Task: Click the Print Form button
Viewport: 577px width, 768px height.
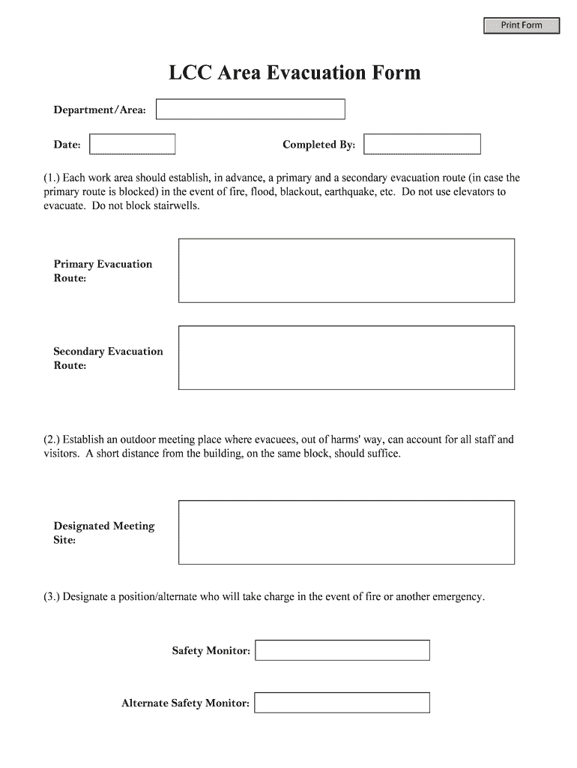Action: point(522,25)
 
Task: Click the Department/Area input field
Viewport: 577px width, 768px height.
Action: point(250,109)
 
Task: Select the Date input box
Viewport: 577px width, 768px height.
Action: point(133,144)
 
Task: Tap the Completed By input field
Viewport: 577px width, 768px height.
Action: point(422,144)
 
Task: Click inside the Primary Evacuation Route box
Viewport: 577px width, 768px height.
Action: point(346,270)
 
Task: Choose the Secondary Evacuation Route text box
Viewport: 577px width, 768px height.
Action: point(346,358)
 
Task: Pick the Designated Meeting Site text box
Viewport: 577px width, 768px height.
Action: point(346,532)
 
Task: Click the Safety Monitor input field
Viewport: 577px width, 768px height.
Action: point(342,650)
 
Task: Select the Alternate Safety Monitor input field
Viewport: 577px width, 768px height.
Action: point(342,703)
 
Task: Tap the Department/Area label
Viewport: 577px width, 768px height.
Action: point(100,110)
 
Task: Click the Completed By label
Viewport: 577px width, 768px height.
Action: point(318,145)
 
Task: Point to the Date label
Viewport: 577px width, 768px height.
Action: point(67,145)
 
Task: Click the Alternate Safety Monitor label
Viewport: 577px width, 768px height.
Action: point(185,703)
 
